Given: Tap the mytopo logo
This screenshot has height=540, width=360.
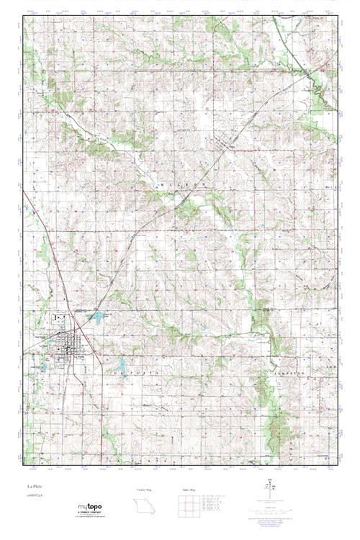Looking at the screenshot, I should (89, 508).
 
